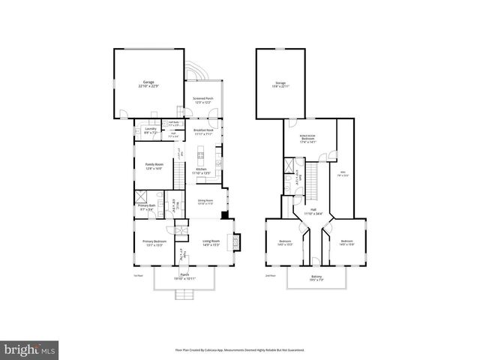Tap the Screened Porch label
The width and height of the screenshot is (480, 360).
202,100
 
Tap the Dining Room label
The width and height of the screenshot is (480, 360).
205,202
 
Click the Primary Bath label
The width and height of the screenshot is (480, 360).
146,208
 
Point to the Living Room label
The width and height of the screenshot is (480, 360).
211,242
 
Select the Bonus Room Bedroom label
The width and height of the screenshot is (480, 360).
307,139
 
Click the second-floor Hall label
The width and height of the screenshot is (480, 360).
313,211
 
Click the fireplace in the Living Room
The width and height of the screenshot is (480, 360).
235,241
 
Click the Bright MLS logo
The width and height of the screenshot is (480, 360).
30,349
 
